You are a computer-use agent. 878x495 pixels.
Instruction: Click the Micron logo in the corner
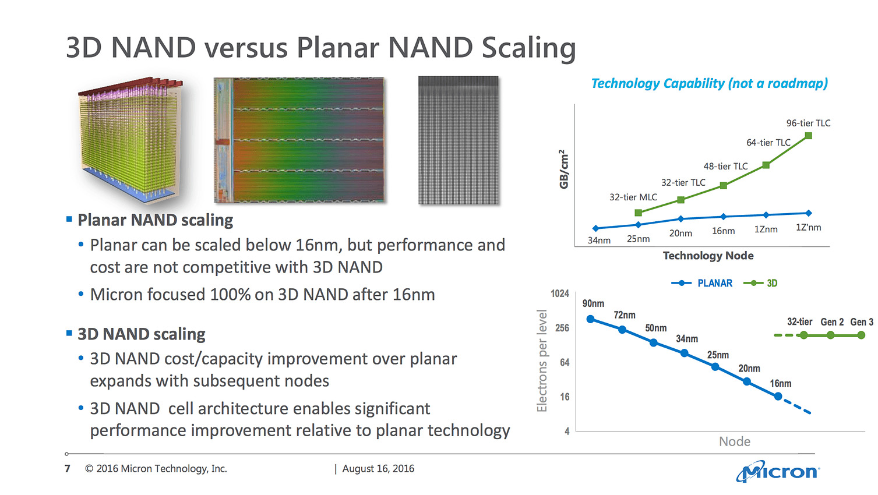[x=778, y=471]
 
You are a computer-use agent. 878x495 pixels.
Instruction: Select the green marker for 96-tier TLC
[x=808, y=136]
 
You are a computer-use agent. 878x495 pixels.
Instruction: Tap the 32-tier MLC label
[x=633, y=197]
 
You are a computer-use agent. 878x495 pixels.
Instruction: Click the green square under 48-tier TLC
[x=723, y=185]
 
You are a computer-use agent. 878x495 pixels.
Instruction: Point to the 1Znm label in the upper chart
[x=766, y=229]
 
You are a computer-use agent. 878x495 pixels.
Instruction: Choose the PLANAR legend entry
[x=702, y=283]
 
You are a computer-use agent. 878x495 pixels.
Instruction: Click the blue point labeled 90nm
[x=590, y=319]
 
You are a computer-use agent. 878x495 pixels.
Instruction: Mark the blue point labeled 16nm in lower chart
[x=778, y=396]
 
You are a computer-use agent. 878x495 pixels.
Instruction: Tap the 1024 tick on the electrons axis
[x=559, y=294]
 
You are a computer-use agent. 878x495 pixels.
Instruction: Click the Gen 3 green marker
[x=861, y=335]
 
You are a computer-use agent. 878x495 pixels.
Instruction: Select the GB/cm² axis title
[x=563, y=169]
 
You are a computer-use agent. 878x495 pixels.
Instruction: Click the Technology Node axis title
[x=708, y=256]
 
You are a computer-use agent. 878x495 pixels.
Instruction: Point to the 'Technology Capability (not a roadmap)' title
[x=709, y=83]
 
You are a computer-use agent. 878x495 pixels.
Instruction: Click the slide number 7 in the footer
[x=68, y=469]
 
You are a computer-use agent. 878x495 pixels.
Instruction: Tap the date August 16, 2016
[x=378, y=469]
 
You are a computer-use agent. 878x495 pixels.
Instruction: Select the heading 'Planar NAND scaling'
[x=155, y=220]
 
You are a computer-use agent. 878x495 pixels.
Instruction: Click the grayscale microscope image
[x=459, y=140]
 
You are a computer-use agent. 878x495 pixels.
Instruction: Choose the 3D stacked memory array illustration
[x=131, y=140]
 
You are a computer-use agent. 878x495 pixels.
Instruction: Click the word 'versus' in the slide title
[x=246, y=48]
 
